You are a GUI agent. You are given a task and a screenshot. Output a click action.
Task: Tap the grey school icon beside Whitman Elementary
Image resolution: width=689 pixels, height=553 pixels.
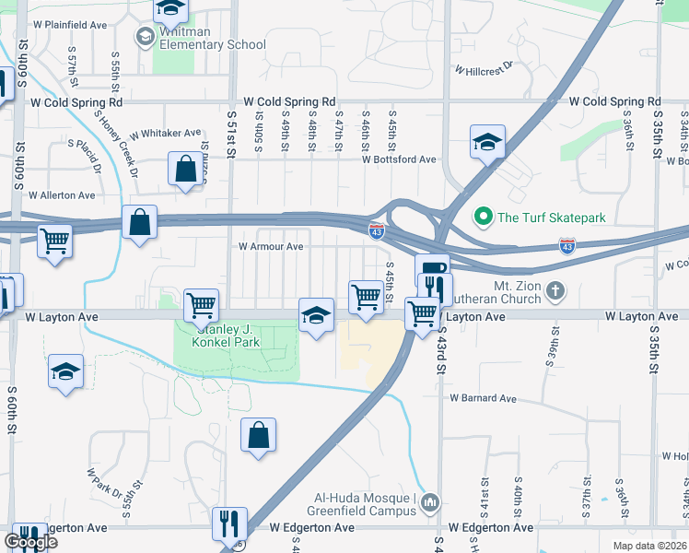(x=145, y=37)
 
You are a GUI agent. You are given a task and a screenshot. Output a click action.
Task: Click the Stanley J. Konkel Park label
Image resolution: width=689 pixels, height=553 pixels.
(x=226, y=335)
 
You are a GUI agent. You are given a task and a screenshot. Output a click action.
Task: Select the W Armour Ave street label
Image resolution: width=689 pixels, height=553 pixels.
(x=271, y=247)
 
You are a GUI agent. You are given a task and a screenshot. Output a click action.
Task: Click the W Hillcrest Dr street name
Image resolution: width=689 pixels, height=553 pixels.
(x=484, y=70)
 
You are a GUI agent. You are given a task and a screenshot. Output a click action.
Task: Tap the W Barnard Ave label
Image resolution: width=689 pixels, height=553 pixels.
(x=483, y=398)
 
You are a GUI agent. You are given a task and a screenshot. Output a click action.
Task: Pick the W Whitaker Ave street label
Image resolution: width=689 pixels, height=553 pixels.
(x=165, y=134)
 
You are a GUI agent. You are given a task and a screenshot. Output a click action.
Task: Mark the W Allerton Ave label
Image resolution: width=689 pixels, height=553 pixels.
(x=62, y=195)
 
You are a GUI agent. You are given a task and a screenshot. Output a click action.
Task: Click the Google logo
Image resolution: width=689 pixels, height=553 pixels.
(x=30, y=542)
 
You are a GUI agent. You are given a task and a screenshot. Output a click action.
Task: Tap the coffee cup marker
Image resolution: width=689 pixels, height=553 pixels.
(x=432, y=268)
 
